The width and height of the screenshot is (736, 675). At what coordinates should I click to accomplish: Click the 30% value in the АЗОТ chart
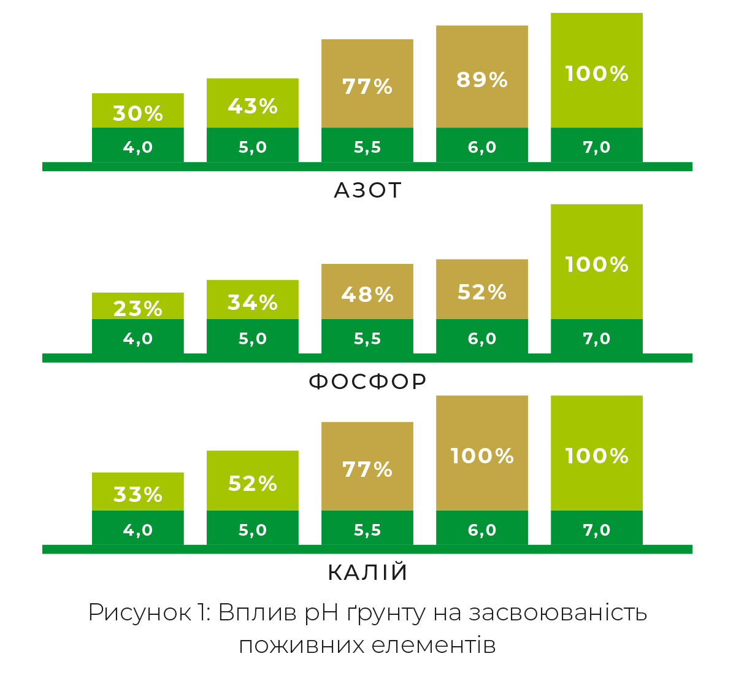[138, 114]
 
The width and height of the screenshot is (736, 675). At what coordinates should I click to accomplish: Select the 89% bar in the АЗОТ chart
[482, 80]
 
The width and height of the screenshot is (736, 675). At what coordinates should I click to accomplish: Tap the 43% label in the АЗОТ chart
[253, 106]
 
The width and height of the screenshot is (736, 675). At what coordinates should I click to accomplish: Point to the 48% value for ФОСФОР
[367, 295]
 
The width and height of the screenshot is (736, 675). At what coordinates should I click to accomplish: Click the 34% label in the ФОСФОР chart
[253, 302]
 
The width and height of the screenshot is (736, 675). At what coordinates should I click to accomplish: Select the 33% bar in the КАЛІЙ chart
[138, 494]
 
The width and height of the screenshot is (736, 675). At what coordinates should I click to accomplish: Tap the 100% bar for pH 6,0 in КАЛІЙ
[482, 455]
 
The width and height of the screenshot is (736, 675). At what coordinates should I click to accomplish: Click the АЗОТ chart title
[367, 190]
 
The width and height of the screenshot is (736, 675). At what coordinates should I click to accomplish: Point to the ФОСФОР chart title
[367, 381]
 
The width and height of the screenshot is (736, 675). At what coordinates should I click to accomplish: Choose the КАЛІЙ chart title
[367, 572]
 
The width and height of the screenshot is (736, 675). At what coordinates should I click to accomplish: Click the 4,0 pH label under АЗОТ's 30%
[138, 147]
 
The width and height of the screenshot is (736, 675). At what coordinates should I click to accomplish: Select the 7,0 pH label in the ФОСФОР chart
[597, 339]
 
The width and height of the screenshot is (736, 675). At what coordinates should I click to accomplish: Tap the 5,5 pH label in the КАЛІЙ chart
[367, 530]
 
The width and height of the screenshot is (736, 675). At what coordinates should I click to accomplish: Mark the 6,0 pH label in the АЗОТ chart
[482, 147]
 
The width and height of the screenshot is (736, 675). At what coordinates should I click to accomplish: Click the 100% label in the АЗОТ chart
[597, 74]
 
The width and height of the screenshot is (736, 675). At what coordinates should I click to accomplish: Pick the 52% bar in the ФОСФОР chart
[482, 292]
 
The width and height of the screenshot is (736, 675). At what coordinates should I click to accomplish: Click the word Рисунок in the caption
[140, 612]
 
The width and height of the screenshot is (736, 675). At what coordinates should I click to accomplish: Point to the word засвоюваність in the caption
[558, 612]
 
